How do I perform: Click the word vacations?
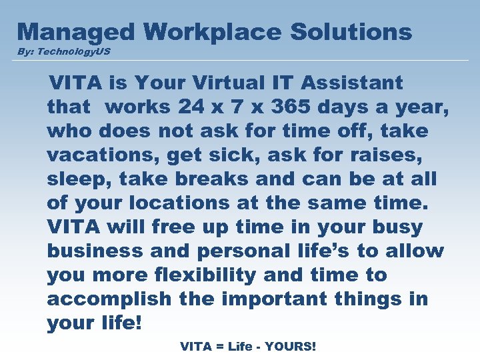(103, 155)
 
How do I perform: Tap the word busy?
(396, 227)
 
